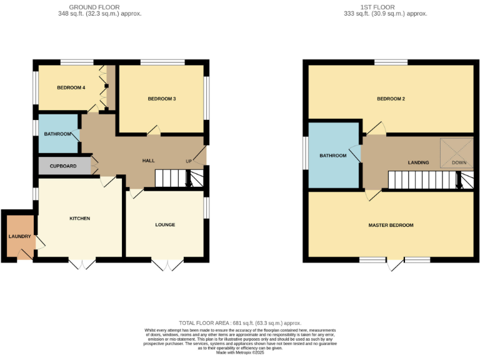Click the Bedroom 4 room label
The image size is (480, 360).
(71, 87)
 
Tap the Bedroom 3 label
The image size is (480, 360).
(161, 99)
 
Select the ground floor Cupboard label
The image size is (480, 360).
(63, 166)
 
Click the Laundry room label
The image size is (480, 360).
(19, 236)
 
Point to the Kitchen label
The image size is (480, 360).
(79, 218)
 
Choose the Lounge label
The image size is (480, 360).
(165, 224)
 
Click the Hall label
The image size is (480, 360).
(148, 161)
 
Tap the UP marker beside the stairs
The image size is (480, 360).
(188, 161)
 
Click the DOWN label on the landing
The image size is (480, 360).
(459, 162)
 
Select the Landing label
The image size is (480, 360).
(418, 162)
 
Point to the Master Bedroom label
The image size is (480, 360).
(391, 225)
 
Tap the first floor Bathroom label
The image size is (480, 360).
(333, 156)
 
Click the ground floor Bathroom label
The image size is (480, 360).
(57, 134)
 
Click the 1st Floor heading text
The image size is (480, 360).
(386, 10)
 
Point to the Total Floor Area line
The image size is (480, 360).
(240, 323)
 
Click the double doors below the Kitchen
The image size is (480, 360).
(82, 264)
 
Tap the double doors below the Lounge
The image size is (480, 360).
(167, 264)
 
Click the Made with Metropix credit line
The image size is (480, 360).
(240, 352)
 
